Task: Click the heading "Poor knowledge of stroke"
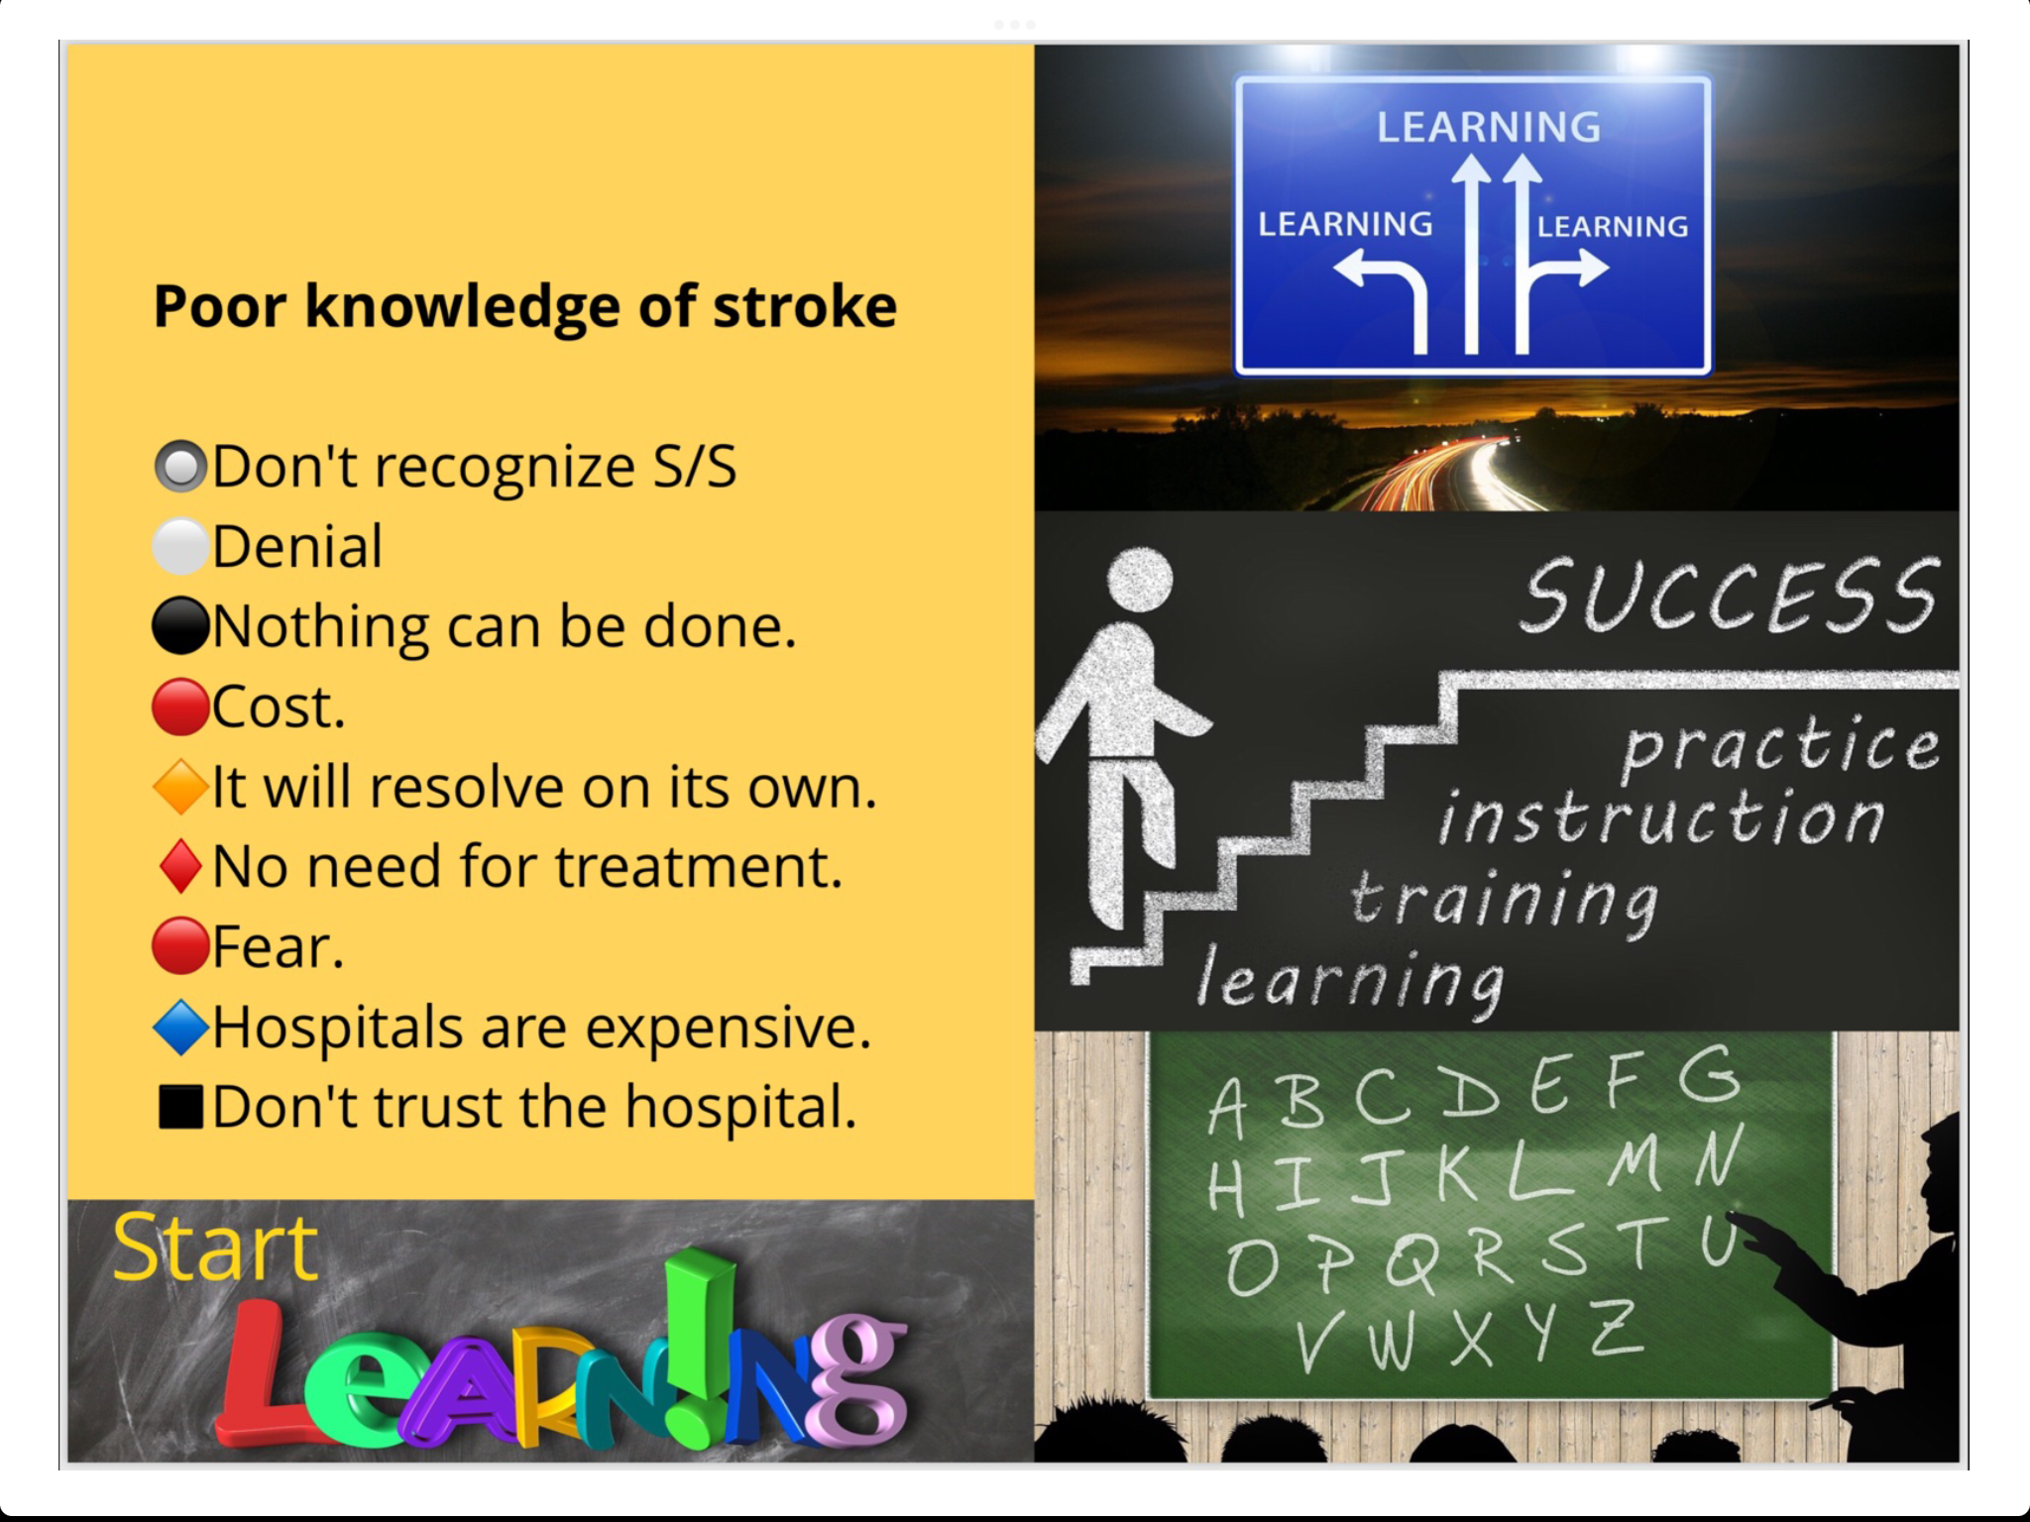tap(525, 306)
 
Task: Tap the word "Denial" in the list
tap(297, 546)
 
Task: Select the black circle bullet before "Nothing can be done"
tap(181, 626)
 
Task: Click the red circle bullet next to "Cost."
tap(180, 707)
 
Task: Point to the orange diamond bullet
tap(181, 787)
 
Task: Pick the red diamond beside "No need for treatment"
tap(181, 866)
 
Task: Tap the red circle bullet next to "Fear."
tap(180, 946)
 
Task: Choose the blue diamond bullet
tap(181, 1027)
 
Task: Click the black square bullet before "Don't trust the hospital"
tap(181, 1107)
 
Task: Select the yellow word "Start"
tap(216, 1248)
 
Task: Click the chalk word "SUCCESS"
tap(1730, 595)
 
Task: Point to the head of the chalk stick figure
tap(1140, 581)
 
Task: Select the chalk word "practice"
tap(1780, 745)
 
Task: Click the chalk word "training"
tap(1505, 900)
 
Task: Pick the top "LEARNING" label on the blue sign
tap(1489, 128)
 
